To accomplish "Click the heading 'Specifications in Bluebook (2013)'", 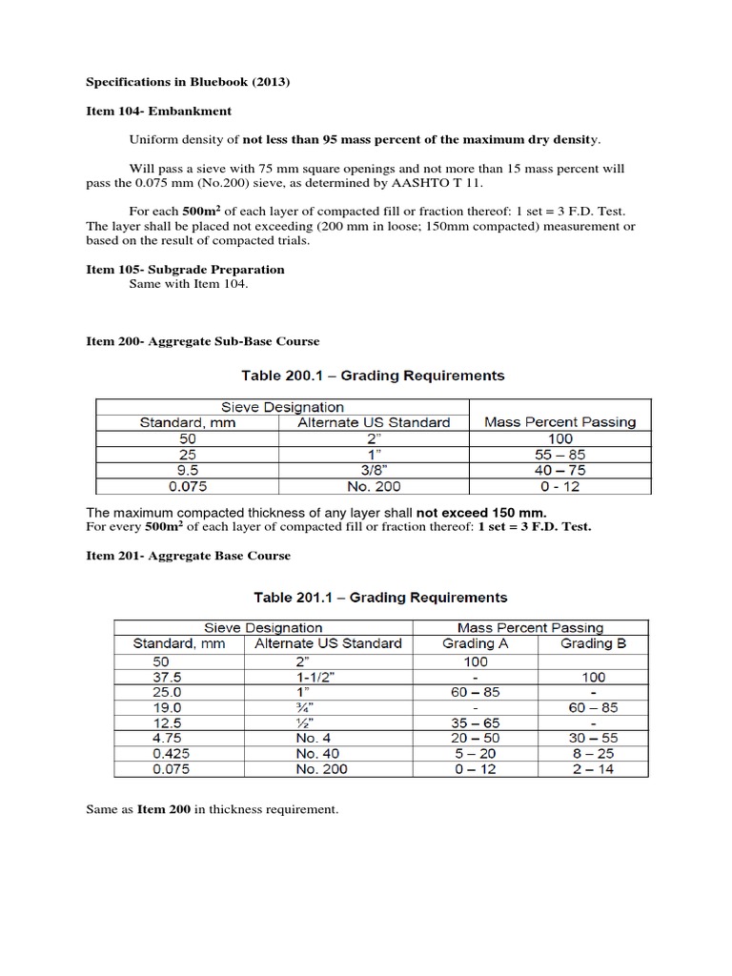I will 188,82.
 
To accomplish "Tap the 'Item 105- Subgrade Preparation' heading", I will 185,270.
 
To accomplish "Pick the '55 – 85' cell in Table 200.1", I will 559,455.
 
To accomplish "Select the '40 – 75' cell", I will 559,470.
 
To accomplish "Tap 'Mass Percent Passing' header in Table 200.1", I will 559,421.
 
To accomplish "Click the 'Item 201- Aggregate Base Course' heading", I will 188,556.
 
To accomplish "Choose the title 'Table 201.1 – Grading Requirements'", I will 380,598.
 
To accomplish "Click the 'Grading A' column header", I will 476,643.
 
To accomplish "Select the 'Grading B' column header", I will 592,643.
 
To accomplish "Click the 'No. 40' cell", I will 321,753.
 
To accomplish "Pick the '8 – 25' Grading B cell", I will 592,753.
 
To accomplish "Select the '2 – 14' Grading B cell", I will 592,769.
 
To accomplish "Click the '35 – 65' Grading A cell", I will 475,722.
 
